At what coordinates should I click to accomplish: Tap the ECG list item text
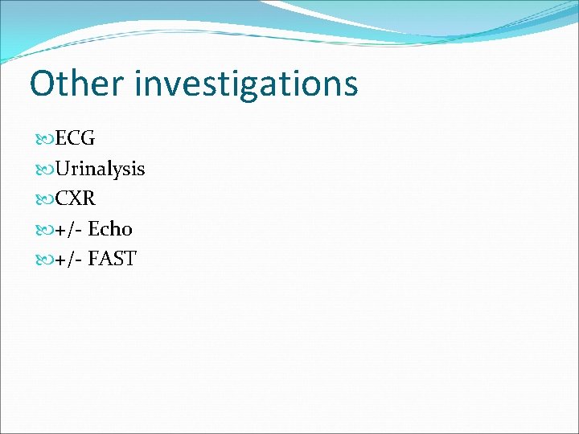(x=76, y=138)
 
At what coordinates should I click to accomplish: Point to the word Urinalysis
(x=101, y=169)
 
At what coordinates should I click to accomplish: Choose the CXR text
(x=76, y=199)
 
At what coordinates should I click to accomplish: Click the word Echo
(x=110, y=229)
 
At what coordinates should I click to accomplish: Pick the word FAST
(x=113, y=259)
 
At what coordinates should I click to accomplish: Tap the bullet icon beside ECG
(x=46, y=139)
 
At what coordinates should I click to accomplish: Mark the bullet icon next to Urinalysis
(x=46, y=169)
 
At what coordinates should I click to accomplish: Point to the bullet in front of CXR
(x=46, y=199)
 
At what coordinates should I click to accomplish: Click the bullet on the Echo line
(x=46, y=230)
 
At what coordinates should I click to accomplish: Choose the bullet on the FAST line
(x=46, y=260)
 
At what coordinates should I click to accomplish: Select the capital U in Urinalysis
(x=64, y=169)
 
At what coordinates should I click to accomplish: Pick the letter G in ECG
(x=88, y=138)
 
